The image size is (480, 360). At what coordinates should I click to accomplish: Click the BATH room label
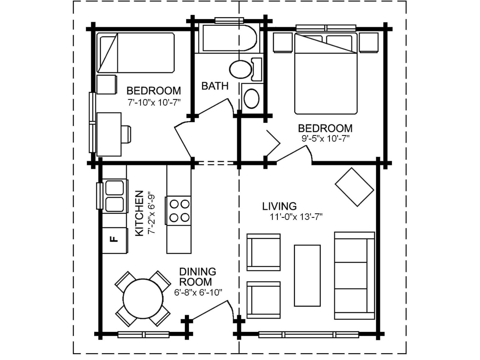click(214, 86)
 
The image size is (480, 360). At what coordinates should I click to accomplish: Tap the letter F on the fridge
click(114, 239)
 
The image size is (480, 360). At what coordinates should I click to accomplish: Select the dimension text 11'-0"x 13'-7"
click(296, 217)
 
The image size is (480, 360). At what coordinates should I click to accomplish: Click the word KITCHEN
click(139, 213)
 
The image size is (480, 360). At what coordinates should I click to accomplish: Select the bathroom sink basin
click(251, 98)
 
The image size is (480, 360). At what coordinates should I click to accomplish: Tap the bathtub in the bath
click(229, 38)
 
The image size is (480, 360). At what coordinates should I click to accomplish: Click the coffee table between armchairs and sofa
click(307, 275)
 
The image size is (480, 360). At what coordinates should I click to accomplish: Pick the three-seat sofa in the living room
click(354, 275)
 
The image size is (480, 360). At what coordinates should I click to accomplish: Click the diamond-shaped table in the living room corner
click(354, 187)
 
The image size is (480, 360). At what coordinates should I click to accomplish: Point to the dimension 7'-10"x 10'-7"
click(154, 102)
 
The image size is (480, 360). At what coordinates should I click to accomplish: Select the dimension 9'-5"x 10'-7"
click(325, 139)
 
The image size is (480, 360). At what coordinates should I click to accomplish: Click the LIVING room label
click(279, 206)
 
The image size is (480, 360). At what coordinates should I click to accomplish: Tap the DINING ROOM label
click(197, 277)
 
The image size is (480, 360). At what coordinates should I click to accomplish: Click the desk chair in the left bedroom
click(126, 134)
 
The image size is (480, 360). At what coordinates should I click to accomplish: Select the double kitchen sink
click(115, 196)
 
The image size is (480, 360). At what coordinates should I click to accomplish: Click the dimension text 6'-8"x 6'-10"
click(198, 292)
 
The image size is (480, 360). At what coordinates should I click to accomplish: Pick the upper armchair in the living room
click(264, 252)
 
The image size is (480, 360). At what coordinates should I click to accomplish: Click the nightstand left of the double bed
click(283, 43)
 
